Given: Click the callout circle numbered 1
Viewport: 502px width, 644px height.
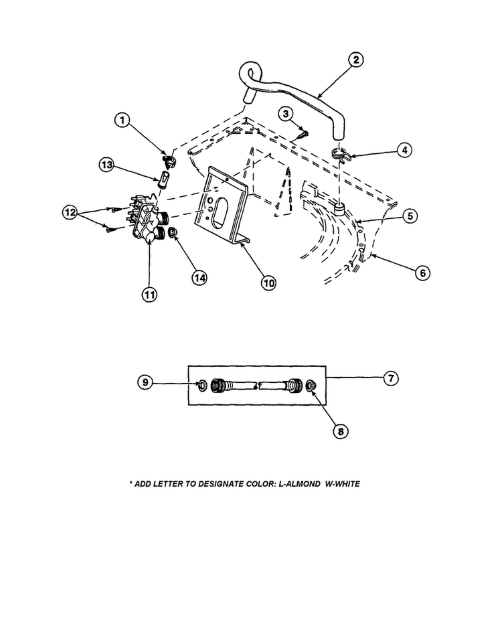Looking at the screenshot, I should click(x=121, y=120).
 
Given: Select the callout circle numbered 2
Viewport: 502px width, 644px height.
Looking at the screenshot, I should click(x=355, y=60).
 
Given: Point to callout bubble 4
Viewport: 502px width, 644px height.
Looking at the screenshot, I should click(x=403, y=150).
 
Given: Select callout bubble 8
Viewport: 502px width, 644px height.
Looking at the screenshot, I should click(x=340, y=432).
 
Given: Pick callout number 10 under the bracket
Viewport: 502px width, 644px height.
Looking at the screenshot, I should click(x=268, y=283).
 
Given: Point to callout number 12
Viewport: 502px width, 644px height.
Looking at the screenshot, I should click(x=70, y=212).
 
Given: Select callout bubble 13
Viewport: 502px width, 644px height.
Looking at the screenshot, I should click(x=105, y=164).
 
